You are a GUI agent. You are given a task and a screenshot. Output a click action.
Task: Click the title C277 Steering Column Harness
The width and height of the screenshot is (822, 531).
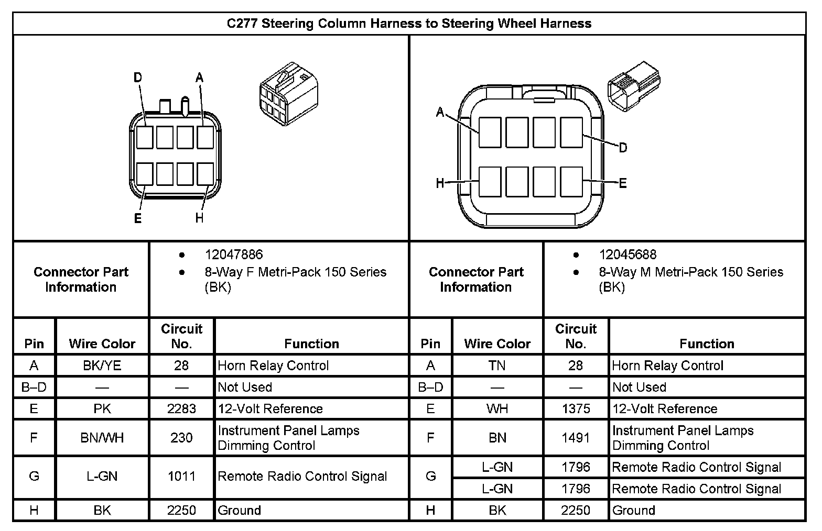[409, 24]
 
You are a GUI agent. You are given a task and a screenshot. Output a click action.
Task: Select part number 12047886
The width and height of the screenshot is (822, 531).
[233, 255]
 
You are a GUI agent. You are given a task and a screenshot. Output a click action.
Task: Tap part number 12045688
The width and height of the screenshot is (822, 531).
[628, 255]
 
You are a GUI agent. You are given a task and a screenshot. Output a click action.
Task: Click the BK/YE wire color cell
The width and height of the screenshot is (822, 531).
[102, 366]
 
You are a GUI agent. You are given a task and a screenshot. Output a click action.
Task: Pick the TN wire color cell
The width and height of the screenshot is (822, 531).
[497, 366]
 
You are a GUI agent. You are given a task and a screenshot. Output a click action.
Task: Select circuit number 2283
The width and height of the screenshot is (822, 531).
[181, 408]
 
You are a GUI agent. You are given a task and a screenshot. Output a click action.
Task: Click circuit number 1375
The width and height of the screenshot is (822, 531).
[576, 408]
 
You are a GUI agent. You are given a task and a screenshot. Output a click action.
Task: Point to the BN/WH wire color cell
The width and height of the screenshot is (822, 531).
[102, 437]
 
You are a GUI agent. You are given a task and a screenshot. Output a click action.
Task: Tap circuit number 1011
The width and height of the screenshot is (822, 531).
[181, 476]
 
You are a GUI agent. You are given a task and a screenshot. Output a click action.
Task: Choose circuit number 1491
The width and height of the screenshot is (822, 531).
[576, 437]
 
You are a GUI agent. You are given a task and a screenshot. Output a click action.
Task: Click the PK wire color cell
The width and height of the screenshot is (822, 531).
[102, 408]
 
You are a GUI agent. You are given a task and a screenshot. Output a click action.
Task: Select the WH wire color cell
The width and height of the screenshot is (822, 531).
[497, 408]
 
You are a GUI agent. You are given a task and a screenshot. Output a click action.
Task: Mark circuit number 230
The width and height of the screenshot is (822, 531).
[181, 437]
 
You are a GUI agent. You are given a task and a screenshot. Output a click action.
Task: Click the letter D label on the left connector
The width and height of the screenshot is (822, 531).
[138, 78]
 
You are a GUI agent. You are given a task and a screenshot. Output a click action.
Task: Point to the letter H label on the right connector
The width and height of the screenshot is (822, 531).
[440, 183]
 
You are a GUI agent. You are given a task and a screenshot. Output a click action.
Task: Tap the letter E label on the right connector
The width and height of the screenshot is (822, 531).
[623, 183]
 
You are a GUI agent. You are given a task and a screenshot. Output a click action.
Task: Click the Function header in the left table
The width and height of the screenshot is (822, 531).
[311, 344]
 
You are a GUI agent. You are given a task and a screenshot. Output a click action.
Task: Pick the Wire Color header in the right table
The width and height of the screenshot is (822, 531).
[497, 344]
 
